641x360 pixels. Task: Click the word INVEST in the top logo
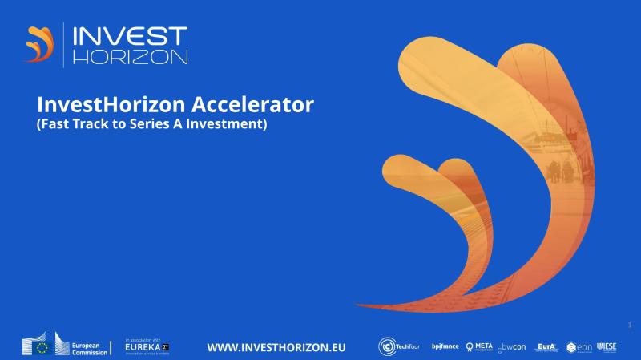click(x=130, y=36)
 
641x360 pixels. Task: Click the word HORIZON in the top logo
click(x=130, y=57)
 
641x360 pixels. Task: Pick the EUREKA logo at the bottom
click(x=147, y=346)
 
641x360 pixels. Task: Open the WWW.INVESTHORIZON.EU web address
click(x=276, y=346)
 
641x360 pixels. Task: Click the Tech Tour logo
click(x=398, y=346)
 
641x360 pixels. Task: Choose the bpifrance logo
click(x=445, y=346)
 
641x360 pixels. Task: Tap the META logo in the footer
click(x=479, y=346)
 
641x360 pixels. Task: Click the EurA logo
click(x=546, y=346)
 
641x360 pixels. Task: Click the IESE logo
click(x=607, y=346)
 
